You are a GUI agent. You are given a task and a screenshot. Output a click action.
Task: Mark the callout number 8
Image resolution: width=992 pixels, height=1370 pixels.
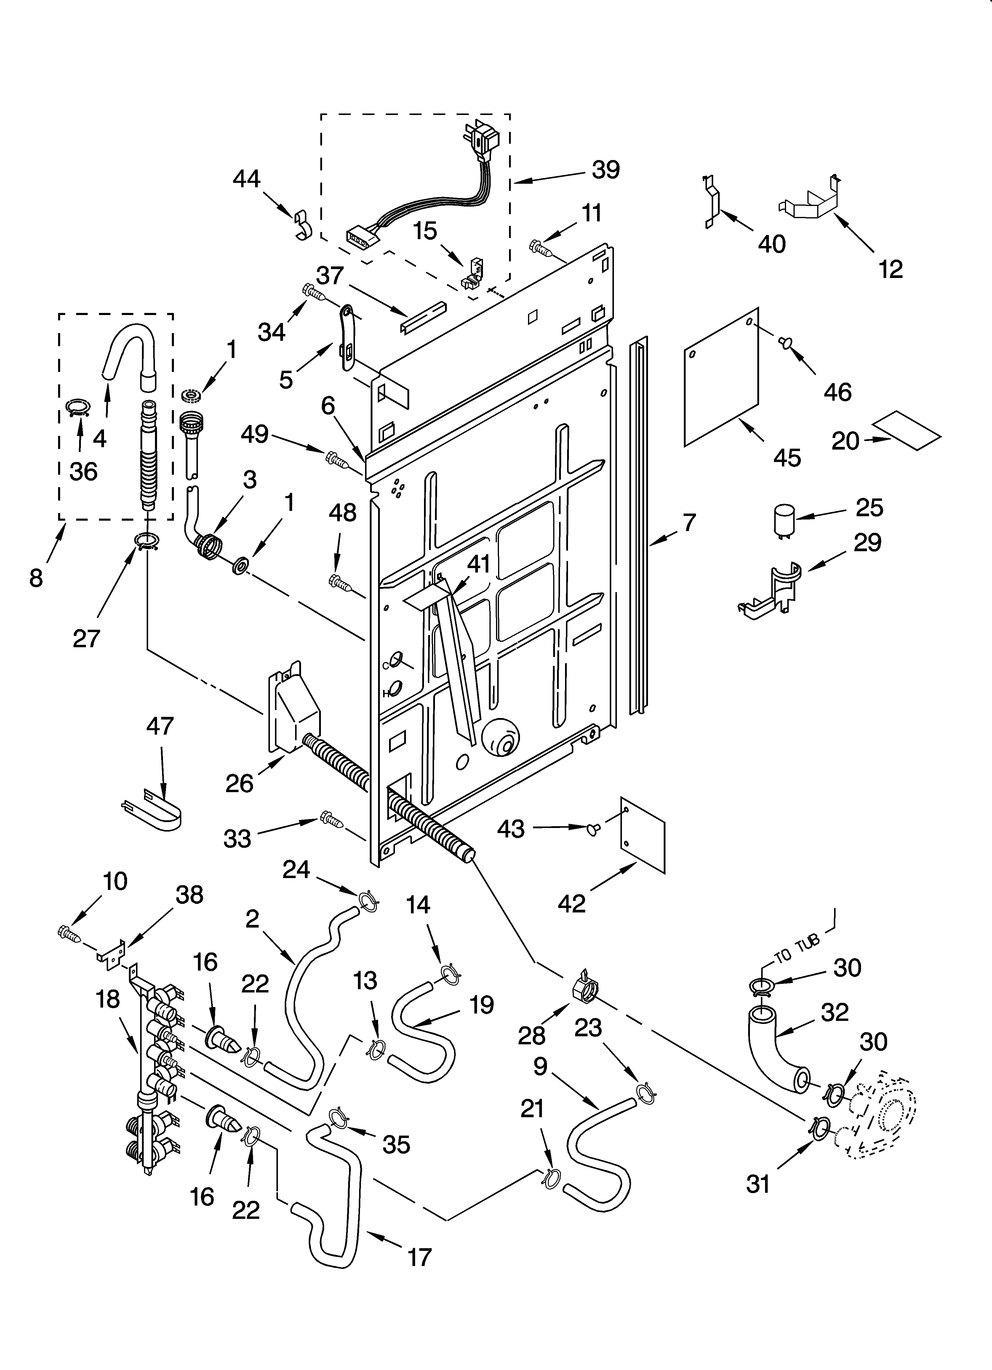36,578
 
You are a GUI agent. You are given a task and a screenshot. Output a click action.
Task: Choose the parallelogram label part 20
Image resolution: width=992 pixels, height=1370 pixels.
907,430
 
